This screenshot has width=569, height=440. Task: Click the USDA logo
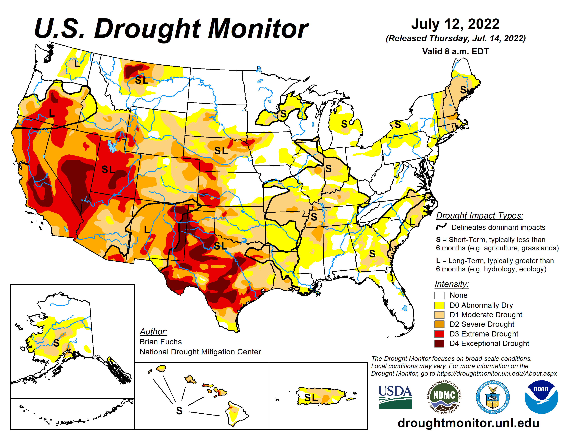[x=395, y=397]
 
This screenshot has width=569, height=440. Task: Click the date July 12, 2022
[x=455, y=24]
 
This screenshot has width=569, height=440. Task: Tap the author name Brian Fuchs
[x=161, y=342]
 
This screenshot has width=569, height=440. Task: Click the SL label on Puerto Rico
[x=311, y=398]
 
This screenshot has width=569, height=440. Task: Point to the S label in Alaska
[x=56, y=343]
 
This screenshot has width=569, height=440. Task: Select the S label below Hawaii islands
[x=179, y=411]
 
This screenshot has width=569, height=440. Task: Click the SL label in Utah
[x=108, y=169]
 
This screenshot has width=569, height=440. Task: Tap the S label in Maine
[x=463, y=90]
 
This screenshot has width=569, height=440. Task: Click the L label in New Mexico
[x=147, y=230]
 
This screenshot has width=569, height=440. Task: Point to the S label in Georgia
[x=372, y=253]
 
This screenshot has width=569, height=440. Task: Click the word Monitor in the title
[x=258, y=29]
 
